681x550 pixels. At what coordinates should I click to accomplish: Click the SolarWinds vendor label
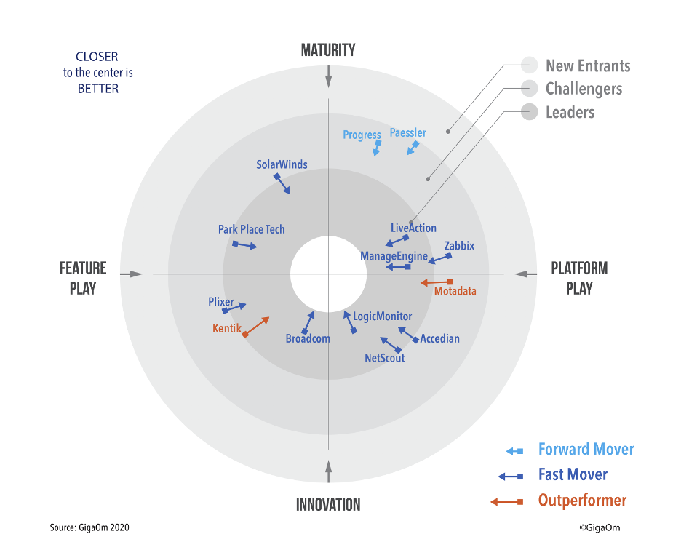click(282, 164)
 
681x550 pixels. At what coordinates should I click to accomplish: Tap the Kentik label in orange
click(226, 329)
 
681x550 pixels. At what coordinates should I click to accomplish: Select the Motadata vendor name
click(455, 291)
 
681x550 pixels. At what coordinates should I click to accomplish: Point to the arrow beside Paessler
click(413, 148)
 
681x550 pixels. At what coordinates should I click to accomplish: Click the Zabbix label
click(459, 246)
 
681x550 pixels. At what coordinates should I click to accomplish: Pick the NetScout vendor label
click(385, 358)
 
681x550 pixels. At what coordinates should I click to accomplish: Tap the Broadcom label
click(308, 338)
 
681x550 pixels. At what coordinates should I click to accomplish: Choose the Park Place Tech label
click(252, 229)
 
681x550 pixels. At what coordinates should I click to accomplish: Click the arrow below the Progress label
click(376, 148)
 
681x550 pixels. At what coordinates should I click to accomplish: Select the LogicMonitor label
click(382, 316)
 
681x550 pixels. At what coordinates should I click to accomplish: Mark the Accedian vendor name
click(440, 338)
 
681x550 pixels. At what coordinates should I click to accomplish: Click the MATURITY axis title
click(328, 50)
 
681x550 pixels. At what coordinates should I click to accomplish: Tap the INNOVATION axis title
click(328, 504)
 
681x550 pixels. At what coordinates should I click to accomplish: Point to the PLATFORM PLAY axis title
click(579, 278)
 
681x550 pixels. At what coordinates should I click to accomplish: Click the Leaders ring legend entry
click(570, 112)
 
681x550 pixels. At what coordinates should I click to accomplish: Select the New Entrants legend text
click(588, 65)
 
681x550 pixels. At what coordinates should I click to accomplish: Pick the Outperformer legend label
click(582, 501)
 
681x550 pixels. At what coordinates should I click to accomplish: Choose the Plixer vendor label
click(221, 302)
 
